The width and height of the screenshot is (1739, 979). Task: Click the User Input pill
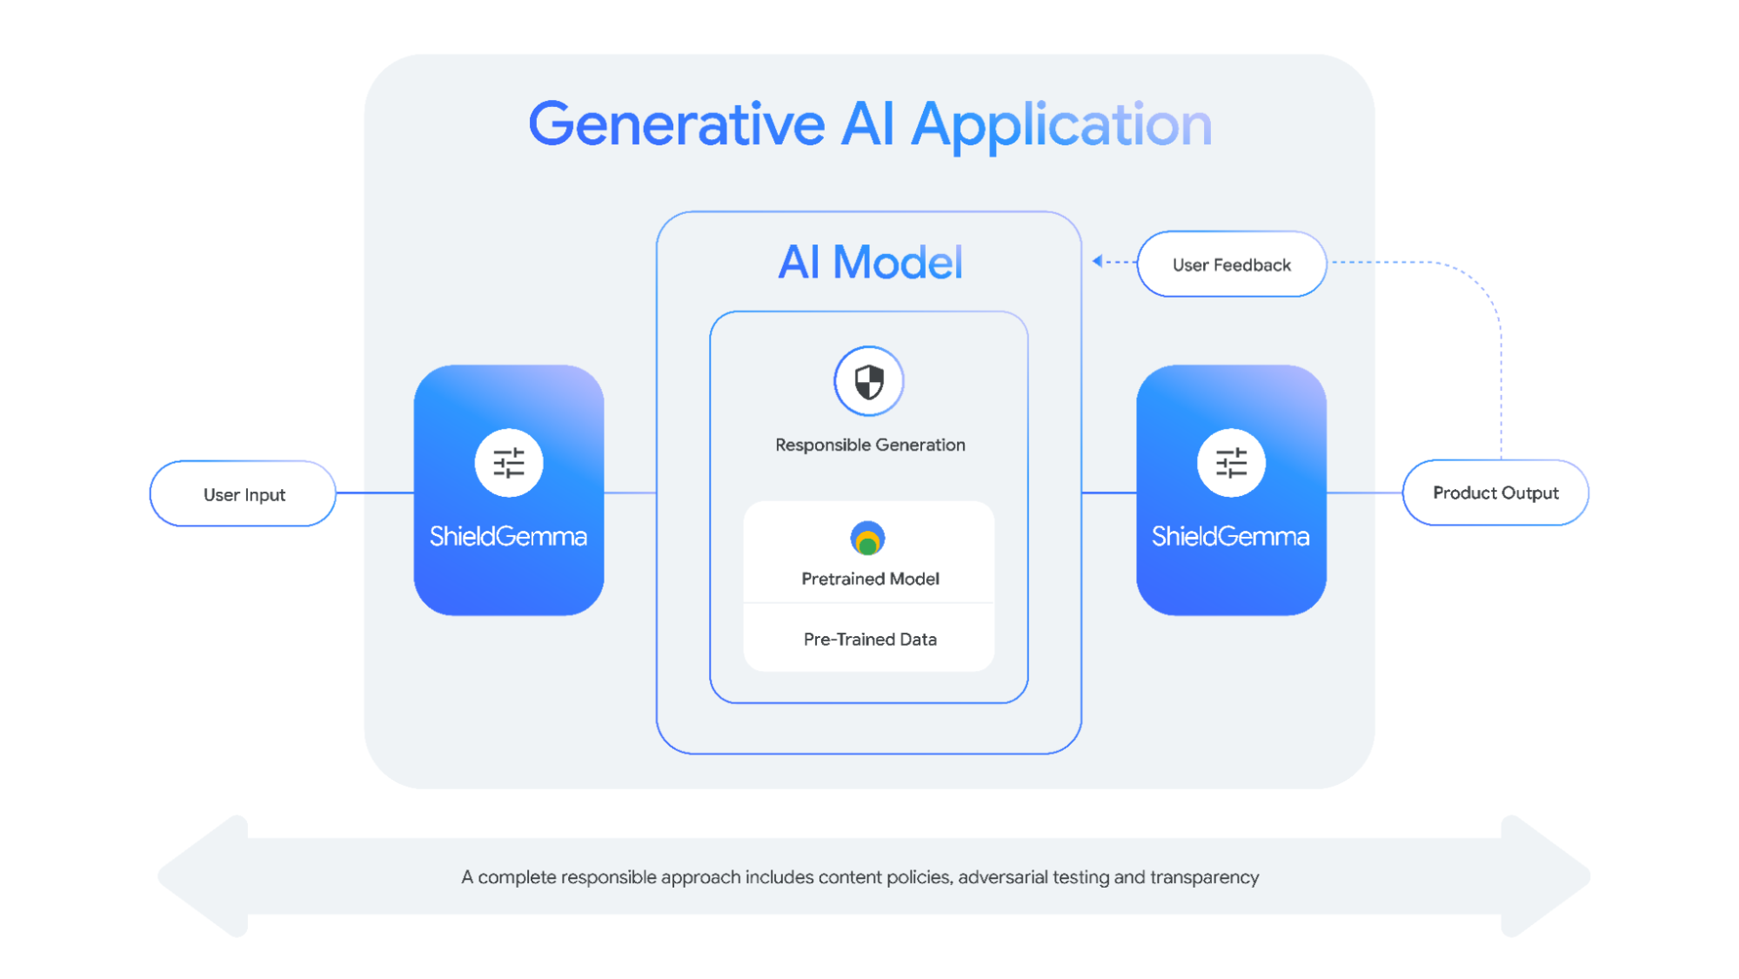(x=244, y=494)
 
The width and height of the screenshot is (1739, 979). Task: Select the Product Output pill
(x=1495, y=493)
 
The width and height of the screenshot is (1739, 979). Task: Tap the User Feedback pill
(x=1231, y=265)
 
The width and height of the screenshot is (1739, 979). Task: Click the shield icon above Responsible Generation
(x=869, y=381)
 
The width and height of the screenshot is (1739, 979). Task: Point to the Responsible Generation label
(x=870, y=445)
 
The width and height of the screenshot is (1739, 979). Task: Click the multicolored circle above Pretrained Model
(x=867, y=539)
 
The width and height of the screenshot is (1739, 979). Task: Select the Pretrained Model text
(x=870, y=579)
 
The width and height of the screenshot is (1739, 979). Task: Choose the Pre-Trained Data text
(x=870, y=640)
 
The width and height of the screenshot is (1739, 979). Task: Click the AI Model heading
(x=870, y=262)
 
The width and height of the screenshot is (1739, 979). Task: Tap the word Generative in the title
(x=676, y=124)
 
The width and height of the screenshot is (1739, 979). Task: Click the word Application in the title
(x=1061, y=124)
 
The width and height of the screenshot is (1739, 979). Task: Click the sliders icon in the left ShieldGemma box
(x=509, y=463)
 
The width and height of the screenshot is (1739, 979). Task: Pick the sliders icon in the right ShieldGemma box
(x=1231, y=463)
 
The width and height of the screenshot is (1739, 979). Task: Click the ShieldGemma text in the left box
(x=508, y=536)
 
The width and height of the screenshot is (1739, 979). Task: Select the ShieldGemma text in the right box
(x=1230, y=536)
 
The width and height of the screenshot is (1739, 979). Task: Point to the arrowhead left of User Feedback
(x=1098, y=260)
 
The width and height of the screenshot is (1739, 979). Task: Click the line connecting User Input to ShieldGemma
(x=374, y=493)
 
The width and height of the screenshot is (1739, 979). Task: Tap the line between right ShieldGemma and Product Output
(x=1364, y=493)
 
